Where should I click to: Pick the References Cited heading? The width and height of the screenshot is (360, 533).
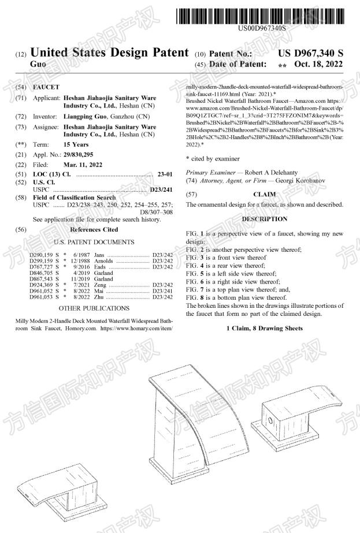(x=94, y=229)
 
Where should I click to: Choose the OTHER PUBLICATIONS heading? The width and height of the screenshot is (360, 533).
(x=94, y=308)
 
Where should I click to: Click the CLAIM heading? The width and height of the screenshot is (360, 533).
(x=264, y=195)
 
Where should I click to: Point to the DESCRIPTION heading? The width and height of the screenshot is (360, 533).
(x=264, y=219)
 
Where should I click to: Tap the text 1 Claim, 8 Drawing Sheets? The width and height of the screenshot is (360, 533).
(x=264, y=328)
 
